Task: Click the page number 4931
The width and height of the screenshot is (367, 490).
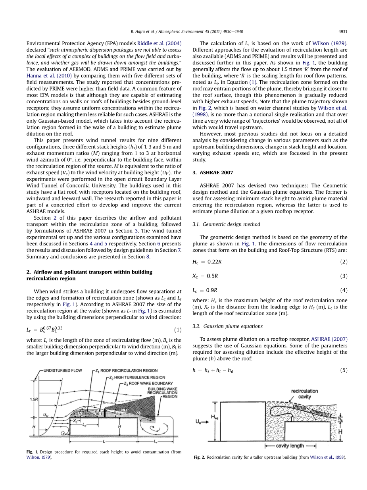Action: click(x=343, y=31)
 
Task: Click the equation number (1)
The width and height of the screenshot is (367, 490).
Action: click(x=178, y=330)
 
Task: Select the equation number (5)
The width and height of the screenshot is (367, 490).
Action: click(x=344, y=370)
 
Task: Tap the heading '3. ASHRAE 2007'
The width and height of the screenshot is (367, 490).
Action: click(x=213, y=173)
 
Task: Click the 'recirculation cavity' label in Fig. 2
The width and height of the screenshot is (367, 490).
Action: click(x=305, y=394)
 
